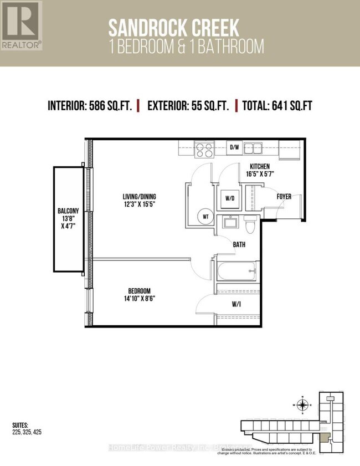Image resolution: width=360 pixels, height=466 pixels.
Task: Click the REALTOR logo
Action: (21, 25)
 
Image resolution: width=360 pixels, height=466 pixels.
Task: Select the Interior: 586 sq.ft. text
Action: (90, 106)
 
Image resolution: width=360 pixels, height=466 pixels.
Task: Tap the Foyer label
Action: (284, 196)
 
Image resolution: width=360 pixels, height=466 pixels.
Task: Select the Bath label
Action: (239, 243)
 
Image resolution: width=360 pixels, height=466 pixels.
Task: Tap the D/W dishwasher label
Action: (234, 147)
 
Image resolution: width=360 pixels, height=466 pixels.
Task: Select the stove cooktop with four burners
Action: (204, 148)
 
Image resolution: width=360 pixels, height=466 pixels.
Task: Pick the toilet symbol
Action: (249, 224)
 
